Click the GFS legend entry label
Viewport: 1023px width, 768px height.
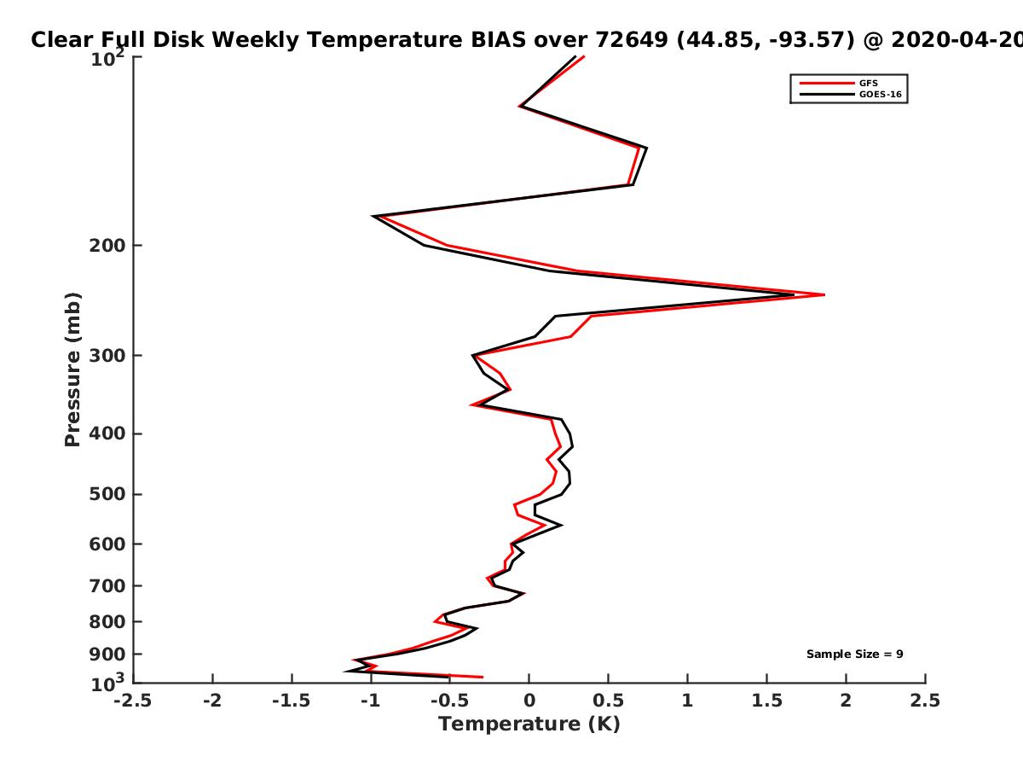pos(868,83)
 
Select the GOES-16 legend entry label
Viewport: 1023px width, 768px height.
pos(881,94)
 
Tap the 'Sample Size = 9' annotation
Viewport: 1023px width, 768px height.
pos(855,655)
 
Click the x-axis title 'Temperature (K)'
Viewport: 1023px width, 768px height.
pos(529,724)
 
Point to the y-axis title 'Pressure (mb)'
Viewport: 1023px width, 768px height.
pos(72,369)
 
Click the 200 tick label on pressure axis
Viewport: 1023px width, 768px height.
pos(107,245)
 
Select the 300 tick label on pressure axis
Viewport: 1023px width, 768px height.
pos(107,356)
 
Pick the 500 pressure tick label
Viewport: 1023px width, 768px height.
pos(107,494)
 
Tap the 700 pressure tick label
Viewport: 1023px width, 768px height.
pos(107,585)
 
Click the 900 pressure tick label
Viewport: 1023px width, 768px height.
pos(107,655)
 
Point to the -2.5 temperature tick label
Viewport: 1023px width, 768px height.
pos(133,701)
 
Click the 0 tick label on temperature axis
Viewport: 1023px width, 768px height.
pos(529,701)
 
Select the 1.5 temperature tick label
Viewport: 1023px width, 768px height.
pos(766,701)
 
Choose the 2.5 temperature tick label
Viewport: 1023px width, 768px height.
pos(925,701)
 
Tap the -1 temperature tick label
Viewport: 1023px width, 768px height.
pos(371,701)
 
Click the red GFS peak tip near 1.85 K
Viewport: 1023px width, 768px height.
pos(824,294)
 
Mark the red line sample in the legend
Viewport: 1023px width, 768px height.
pos(827,84)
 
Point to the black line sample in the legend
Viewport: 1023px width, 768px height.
pos(827,95)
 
